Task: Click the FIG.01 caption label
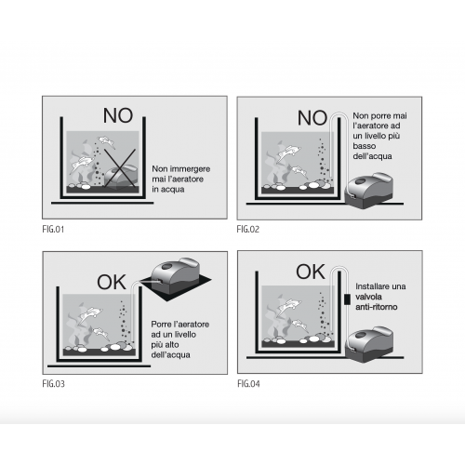[x=53, y=230]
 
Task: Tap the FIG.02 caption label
[x=247, y=230]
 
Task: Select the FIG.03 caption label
[x=53, y=384]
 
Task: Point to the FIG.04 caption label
[x=248, y=384]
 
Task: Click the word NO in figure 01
[x=118, y=115]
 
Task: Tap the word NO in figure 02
[x=312, y=118]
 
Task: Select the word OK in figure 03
[x=112, y=282]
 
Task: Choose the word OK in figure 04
[x=311, y=272]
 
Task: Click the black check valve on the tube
[x=347, y=299]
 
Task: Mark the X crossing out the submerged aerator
[x=120, y=168]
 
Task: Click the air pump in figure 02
[x=369, y=190]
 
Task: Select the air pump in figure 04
[x=369, y=343]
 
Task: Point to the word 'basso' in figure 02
[x=365, y=146]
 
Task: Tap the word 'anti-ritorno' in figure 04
[x=377, y=307]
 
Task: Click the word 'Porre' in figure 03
[x=160, y=325]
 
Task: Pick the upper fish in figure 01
[x=106, y=141]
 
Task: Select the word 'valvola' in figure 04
[x=368, y=297]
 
